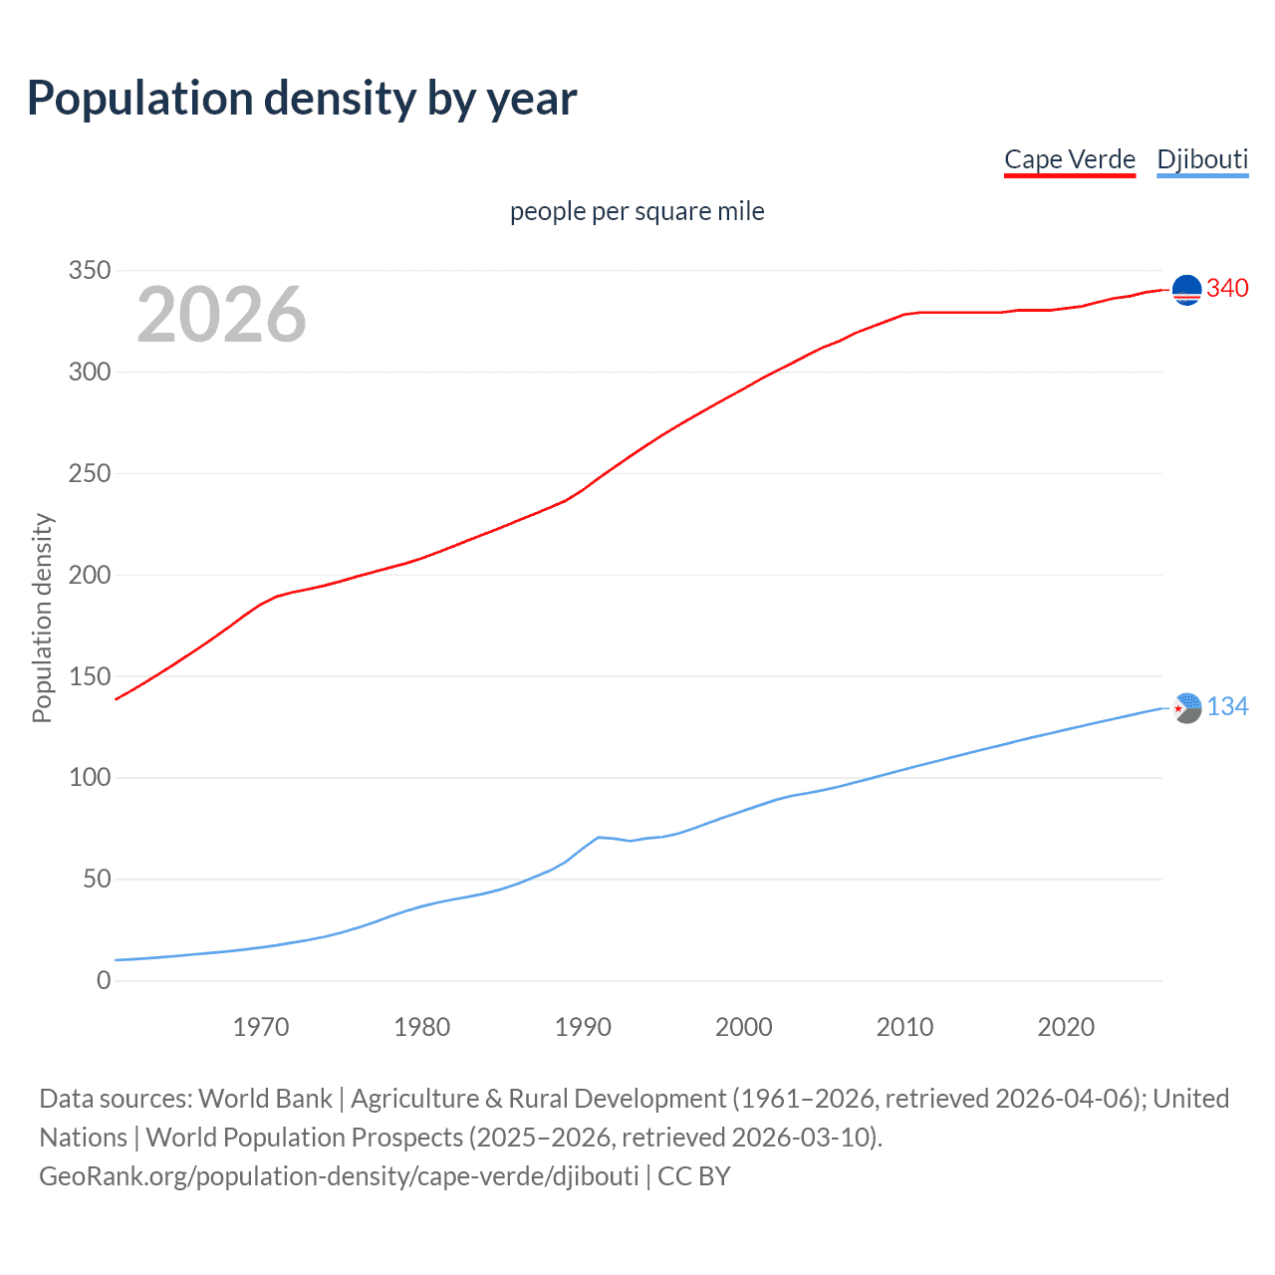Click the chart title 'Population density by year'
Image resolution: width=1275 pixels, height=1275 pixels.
click(302, 99)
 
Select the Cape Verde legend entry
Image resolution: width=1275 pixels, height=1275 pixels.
click(1069, 159)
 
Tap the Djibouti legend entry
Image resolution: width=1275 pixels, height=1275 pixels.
click(1201, 159)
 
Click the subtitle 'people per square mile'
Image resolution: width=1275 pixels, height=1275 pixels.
click(637, 211)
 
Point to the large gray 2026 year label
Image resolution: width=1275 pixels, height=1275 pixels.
click(221, 315)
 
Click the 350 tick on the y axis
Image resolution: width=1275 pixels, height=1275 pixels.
click(90, 271)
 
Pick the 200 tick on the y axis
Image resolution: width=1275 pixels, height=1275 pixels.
click(90, 575)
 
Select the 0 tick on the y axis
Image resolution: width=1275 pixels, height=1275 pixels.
click(104, 980)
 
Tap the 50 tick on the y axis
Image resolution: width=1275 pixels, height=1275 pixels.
click(97, 879)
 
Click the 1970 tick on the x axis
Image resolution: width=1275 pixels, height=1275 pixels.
click(261, 1027)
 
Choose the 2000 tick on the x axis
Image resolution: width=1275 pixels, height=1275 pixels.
click(743, 1027)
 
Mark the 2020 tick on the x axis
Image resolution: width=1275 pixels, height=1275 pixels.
click(1066, 1027)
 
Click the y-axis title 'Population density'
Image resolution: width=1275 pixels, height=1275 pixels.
click(42, 618)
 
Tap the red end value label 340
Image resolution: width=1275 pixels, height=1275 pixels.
click(1227, 289)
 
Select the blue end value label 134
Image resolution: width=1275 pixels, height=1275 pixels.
click(1227, 707)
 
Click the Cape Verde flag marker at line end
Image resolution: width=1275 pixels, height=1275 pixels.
click(1186, 290)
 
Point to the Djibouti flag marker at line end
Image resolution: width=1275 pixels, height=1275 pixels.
click(1186, 708)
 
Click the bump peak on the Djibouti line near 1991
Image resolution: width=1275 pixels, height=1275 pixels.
click(599, 837)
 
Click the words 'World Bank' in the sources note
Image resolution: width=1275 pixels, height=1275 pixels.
click(265, 1099)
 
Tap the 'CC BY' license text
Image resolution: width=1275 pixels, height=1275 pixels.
click(694, 1176)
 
